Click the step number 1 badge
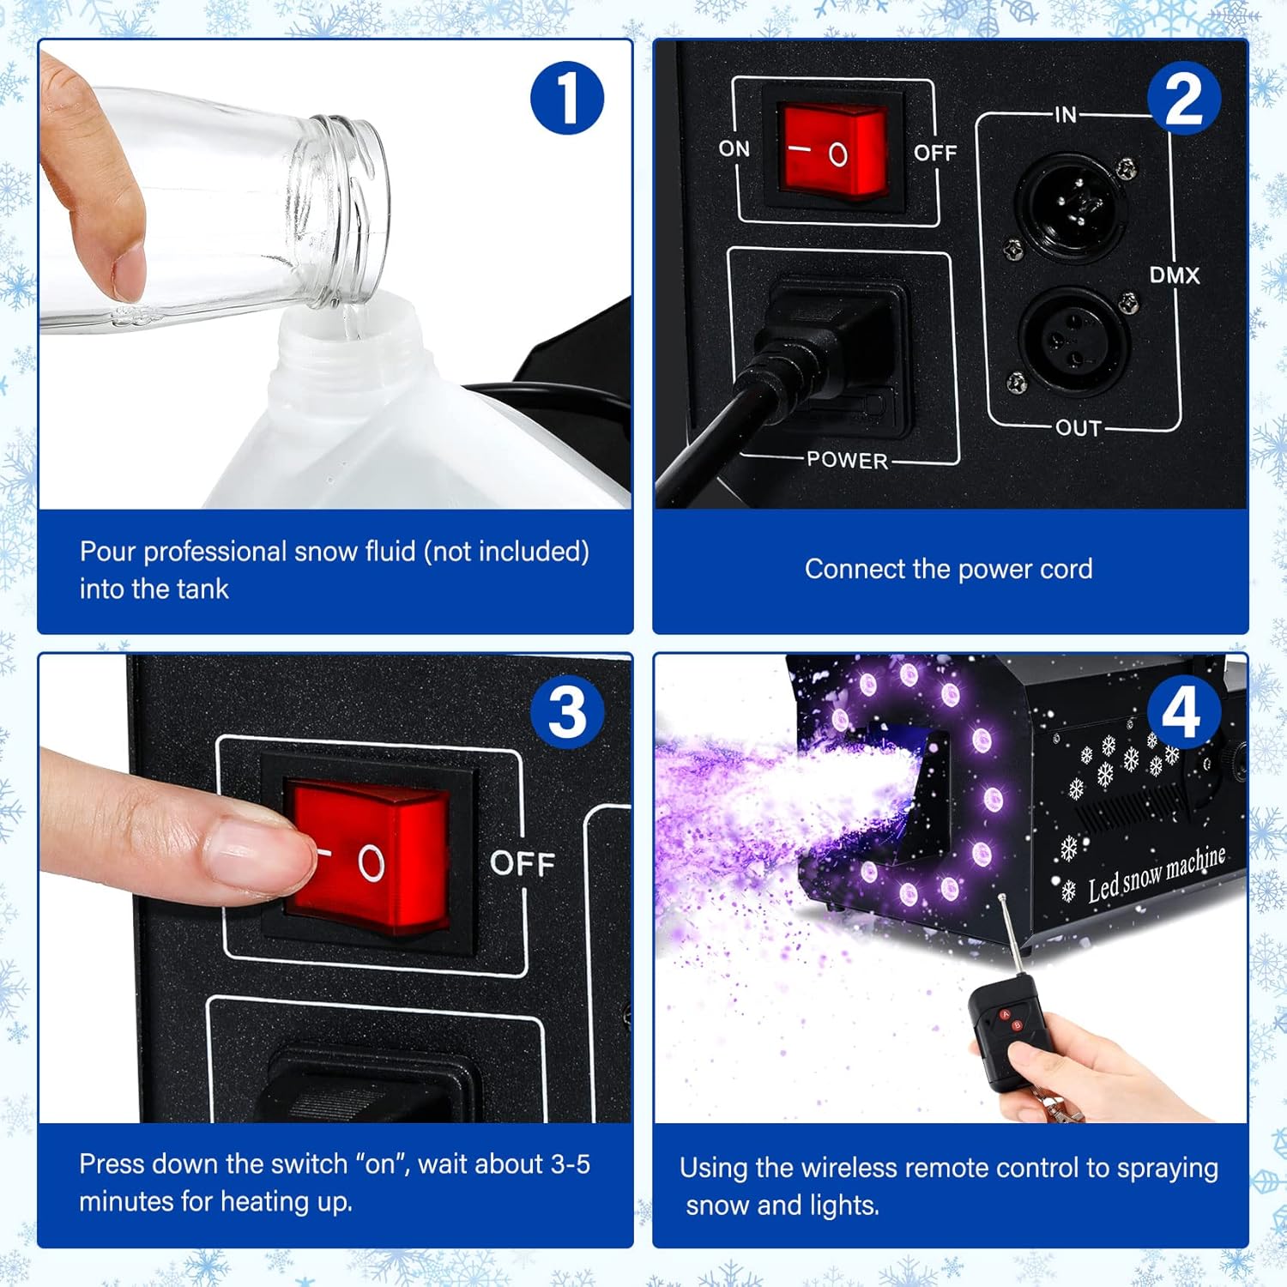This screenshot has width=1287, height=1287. point(567,98)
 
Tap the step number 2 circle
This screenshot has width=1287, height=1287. point(1183,98)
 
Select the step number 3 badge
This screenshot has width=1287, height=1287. point(567,711)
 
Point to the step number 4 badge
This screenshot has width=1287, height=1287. point(1183,711)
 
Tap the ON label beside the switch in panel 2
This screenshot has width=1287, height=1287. point(734,148)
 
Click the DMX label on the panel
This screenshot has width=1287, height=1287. point(1175,275)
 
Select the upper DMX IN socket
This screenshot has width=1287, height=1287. point(1072,204)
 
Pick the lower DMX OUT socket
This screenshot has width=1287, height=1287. point(1073,339)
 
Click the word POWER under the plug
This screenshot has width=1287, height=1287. point(847,460)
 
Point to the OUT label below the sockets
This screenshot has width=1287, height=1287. point(1078,427)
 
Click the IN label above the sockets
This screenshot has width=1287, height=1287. point(1066,114)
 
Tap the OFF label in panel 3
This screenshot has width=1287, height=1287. point(523,863)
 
